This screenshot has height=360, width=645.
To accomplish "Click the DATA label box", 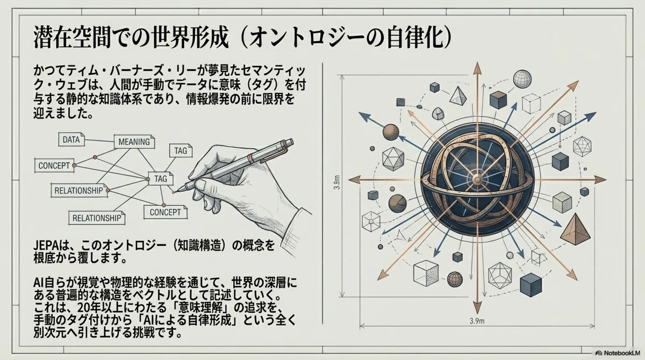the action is (x=71, y=140).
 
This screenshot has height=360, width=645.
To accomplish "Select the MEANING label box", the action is (x=134, y=142).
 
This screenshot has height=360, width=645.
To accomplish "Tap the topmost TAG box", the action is (x=181, y=150).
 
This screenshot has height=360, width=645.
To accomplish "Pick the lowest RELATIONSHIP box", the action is (x=97, y=218).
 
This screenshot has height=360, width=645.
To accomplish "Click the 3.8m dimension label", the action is (x=336, y=182).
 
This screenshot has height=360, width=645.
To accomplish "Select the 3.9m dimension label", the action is (x=477, y=321).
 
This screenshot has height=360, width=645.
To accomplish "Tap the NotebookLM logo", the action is (x=618, y=353).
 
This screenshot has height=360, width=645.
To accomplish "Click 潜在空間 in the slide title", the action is (x=72, y=38).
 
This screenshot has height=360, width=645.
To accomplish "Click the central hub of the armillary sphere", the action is (x=477, y=180).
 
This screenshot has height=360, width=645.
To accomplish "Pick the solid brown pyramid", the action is (x=575, y=229).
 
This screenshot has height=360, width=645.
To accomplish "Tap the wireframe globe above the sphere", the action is (x=522, y=79).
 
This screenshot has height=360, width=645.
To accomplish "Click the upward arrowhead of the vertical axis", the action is (x=477, y=68).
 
